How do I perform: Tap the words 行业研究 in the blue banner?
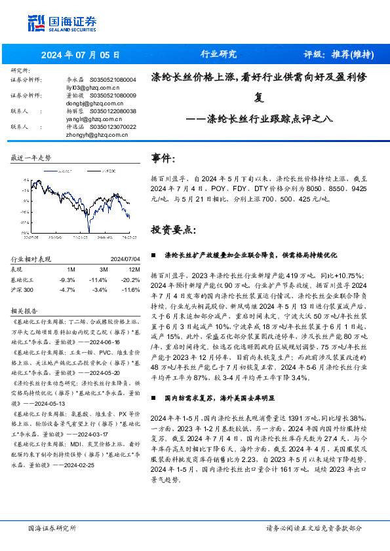(218, 54)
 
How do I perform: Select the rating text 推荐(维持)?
(354, 54)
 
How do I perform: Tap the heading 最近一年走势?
(30, 158)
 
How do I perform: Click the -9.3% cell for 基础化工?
(67, 279)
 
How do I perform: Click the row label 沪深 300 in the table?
(23, 289)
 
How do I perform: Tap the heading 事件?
(163, 158)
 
